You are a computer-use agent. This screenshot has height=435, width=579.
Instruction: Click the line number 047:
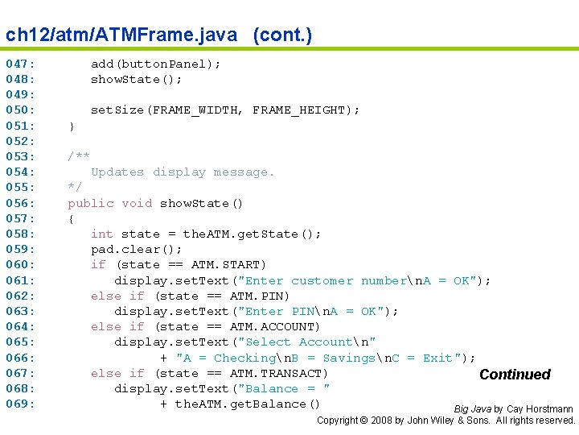coord(20,64)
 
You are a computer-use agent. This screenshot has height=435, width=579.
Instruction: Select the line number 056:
coord(20,203)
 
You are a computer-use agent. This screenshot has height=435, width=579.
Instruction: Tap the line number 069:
coord(20,404)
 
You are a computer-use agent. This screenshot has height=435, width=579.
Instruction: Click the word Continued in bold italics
coord(515,375)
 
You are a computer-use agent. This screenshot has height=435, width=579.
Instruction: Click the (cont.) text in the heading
coord(282,35)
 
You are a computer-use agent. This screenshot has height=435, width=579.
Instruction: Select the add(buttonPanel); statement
coord(156,64)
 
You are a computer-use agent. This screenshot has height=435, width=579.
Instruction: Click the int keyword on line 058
coord(102,234)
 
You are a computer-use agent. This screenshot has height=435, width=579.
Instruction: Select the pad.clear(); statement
coord(137,250)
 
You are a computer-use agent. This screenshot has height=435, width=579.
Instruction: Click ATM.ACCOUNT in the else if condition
coord(271,326)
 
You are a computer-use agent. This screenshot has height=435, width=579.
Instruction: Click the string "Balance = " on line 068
coord(284,388)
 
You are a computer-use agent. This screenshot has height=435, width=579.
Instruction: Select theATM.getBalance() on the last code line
coord(248,404)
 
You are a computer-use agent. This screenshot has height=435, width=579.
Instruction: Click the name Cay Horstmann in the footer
coord(540,409)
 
